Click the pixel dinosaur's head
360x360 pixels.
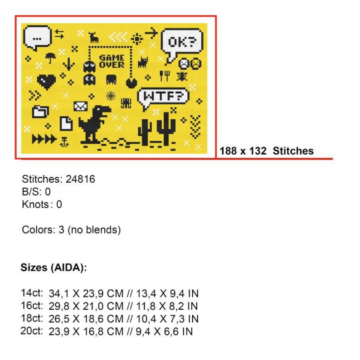pos(102,110)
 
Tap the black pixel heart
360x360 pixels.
pos(46,82)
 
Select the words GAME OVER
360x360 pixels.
pos(112,62)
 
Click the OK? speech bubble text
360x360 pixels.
pos(182,42)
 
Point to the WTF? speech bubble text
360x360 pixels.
pos(163,96)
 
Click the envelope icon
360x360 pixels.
pos(81,106)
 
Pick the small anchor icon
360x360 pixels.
pos(64,141)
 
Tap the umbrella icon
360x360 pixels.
pos(50,58)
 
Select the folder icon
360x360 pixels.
pos(40,112)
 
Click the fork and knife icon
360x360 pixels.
pos(165,76)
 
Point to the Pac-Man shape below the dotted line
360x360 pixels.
pos(131,83)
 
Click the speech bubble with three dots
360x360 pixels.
pos(37,38)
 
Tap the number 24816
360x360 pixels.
pos(80,179)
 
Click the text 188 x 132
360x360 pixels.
pos(243,151)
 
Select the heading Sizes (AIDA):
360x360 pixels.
pos(54,268)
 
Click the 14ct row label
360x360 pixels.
pos(32,293)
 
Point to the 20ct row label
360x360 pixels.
pos(32,331)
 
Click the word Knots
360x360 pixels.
pos(35,204)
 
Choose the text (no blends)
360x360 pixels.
pos(94,230)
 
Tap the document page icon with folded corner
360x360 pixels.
pos(66,123)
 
